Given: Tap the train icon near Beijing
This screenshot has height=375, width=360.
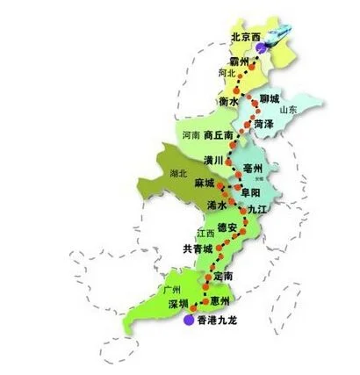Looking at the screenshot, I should coord(279,35).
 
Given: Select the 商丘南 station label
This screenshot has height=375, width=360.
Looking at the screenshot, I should coord(219,136).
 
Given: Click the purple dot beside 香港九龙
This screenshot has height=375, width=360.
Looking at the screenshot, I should coord(188,321).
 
